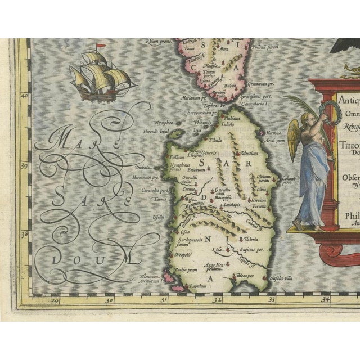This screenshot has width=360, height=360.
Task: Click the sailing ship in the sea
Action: (x=100, y=76)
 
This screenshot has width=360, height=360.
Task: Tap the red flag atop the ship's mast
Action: (x=101, y=45)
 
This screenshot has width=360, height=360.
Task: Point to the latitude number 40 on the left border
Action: (x=24, y=96)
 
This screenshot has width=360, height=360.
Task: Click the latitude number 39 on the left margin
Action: (x=24, y=166)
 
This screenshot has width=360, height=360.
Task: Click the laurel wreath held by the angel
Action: (x=326, y=110)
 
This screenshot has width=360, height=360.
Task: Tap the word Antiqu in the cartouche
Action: (x=349, y=98)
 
